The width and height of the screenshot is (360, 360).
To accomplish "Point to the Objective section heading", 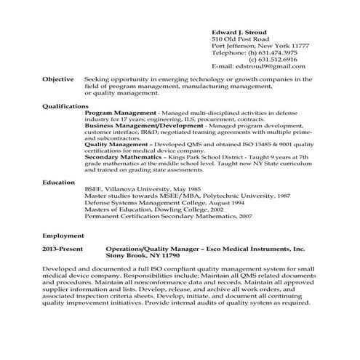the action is (x=57, y=79).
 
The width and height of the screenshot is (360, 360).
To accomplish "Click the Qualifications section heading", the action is (x=65, y=106).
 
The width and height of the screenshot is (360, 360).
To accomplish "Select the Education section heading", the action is (x=59, y=182).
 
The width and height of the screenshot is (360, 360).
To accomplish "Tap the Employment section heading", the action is (x=63, y=236).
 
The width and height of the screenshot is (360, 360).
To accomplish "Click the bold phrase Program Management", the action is (x=121, y=113).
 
